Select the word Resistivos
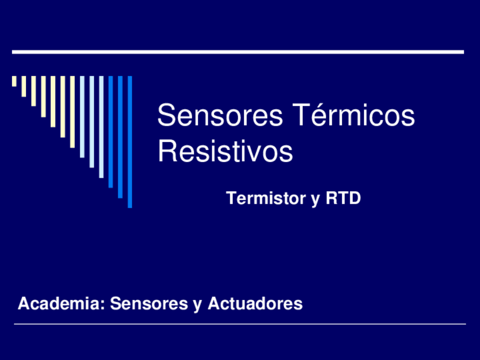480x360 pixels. tap(225, 152)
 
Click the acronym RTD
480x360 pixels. tap(343, 199)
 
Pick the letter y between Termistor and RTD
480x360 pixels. tap(315, 200)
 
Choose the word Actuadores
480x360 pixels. tap(255, 304)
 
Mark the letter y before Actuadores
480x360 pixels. tap(197, 306)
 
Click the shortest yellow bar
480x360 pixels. tap(14, 81)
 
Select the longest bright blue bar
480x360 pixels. tap(130, 142)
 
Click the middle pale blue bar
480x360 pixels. tap(91, 122)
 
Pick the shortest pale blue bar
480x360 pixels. tap(82, 117)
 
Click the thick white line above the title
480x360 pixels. tap(238, 52)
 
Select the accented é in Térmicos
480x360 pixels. tap(310, 116)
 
